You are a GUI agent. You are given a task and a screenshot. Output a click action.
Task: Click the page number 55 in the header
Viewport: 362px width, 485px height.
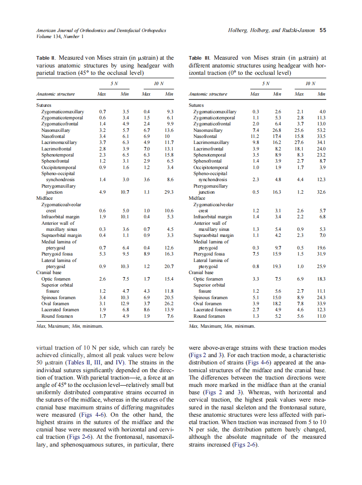point(323,30)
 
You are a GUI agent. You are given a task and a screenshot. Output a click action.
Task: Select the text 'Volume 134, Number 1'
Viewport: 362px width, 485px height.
point(56,36)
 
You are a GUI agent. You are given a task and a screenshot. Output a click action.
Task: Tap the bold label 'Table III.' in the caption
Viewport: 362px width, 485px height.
point(200,57)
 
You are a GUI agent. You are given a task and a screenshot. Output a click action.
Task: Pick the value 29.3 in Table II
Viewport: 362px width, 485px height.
point(168,192)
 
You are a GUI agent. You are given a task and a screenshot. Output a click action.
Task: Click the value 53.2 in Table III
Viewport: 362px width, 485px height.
point(321,130)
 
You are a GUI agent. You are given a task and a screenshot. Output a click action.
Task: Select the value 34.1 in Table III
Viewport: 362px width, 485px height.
point(321,142)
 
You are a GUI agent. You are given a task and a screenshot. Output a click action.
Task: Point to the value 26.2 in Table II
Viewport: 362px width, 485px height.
point(168,303)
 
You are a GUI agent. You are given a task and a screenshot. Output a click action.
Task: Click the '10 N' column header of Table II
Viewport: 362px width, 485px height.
point(158,83)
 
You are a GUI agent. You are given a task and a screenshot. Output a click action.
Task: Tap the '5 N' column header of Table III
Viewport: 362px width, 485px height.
point(265,83)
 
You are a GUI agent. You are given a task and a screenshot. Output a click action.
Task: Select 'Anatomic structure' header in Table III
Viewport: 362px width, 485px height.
point(208,94)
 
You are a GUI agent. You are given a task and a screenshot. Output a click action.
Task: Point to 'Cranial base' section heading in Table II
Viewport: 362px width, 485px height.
point(48,273)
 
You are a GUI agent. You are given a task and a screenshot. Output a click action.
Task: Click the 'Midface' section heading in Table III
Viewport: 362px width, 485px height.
point(197,198)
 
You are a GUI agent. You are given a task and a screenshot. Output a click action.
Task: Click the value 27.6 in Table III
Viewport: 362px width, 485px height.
point(299,142)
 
